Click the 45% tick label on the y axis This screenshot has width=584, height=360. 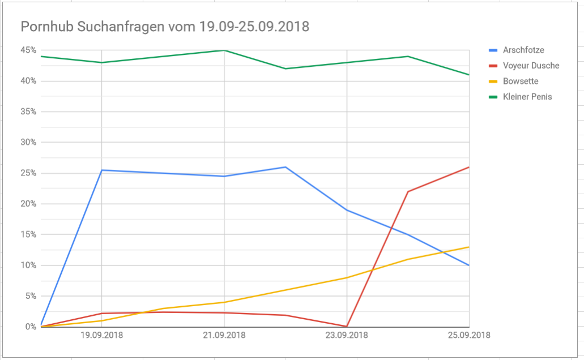pos(28,50)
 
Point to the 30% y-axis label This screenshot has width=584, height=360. pos(28,142)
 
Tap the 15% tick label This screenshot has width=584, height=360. pos(28,234)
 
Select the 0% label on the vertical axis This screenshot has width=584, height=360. pos(31,327)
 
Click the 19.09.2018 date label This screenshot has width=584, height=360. pos(102,335)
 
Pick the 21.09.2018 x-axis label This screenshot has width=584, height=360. pos(224,335)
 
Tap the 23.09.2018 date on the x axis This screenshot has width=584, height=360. pos(347,335)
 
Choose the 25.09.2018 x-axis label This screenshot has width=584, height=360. pos(469,335)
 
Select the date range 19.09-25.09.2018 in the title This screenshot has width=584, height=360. pos(254,27)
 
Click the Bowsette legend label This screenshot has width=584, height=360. pos(521,81)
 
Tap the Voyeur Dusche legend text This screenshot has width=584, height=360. pos(531,66)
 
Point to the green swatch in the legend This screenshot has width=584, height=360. pos(493,97)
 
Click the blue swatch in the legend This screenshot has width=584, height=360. pos(493,50)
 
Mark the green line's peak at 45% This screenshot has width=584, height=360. pos(224,50)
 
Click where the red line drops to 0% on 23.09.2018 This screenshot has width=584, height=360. pos(347,327)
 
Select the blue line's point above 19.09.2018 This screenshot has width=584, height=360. pos(102,170)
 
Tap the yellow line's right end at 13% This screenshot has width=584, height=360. pos(469,247)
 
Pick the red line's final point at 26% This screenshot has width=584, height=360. pos(469,167)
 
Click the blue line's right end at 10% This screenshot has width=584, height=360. pos(469,265)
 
